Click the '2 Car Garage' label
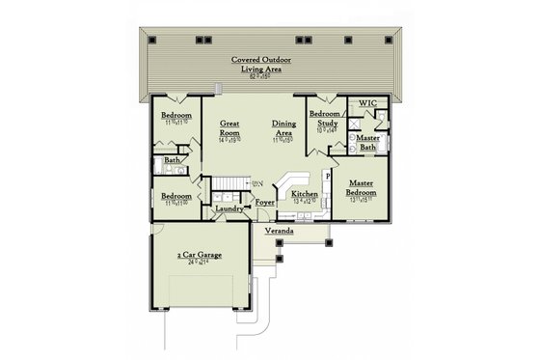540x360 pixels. (x=200, y=256)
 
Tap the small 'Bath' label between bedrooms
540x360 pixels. (x=172, y=160)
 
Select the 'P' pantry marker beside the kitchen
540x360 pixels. (x=328, y=178)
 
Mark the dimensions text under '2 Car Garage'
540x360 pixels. (x=200, y=263)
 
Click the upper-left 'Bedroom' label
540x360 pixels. (x=177, y=116)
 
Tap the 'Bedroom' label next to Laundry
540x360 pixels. (x=177, y=195)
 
